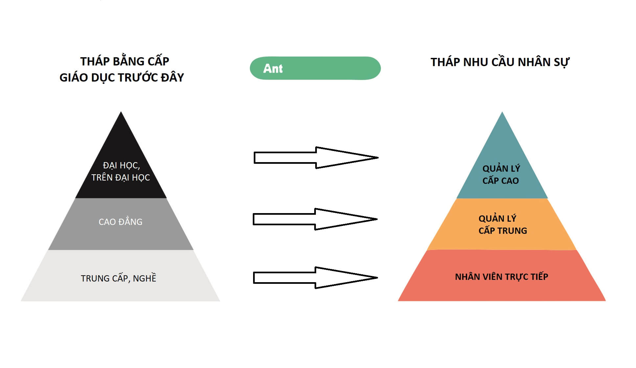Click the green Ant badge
click(x=315, y=68)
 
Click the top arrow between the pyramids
click(x=316, y=158)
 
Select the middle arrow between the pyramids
click(x=315, y=219)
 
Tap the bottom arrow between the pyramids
click(x=315, y=278)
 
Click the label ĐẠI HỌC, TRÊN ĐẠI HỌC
click(x=121, y=171)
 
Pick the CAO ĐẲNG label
click(x=120, y=222)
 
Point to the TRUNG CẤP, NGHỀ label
click(x=118, y=278)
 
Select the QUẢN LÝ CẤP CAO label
click(x=501, y=175)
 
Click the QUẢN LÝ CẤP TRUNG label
click(x=502, y=225)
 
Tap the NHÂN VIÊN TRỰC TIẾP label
click(x=501, y=277)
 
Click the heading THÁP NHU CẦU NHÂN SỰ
click(x=500, y=62)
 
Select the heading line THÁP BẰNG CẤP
click(x=125, y=61)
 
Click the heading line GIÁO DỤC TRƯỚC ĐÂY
click(x=122, y=77)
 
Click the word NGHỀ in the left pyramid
click(x=145, y=278)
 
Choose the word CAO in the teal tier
click(x=510, y=181)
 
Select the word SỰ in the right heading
click(x=561, y=62)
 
